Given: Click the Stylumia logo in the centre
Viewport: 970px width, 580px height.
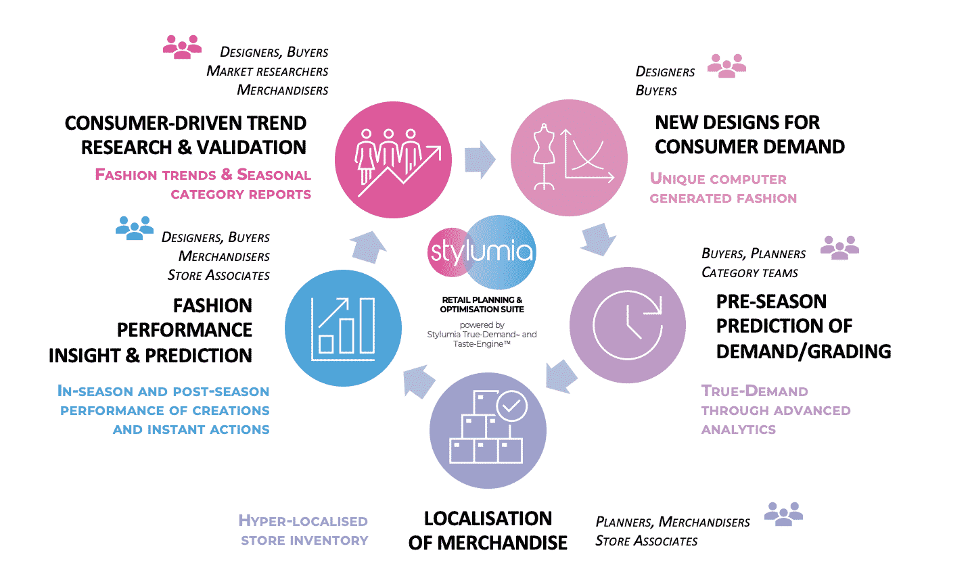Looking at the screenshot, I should pos(482,252).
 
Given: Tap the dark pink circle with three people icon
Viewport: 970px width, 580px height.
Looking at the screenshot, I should pos(393,160).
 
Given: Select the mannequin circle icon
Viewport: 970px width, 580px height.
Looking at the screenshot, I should pos(569,158).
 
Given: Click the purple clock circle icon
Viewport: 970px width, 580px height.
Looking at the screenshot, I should pos(627,325).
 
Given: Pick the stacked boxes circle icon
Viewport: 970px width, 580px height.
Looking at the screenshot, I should pos(488,430).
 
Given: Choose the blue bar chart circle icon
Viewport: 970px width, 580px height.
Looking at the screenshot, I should pos(344,328).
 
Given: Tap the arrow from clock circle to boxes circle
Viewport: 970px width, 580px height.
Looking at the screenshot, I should pos(561,377).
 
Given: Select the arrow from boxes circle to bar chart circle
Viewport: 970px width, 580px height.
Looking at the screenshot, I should pos(419,381).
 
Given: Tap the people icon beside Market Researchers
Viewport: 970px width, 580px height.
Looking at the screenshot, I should pos(183,47).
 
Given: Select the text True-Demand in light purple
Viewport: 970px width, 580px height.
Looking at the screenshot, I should pos(754,391).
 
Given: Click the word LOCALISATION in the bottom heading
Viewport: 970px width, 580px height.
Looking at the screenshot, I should pos(488,518).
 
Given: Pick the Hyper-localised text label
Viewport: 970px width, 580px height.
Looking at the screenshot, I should pos(302,521).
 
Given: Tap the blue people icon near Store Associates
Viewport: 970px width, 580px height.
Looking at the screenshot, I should pos(135,228).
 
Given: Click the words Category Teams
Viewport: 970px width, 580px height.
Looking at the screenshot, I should pos(749,273).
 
